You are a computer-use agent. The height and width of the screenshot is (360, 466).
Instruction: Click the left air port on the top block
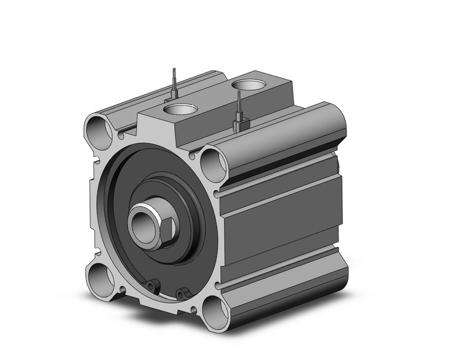181,110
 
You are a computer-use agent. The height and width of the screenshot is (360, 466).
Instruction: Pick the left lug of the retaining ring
153,285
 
